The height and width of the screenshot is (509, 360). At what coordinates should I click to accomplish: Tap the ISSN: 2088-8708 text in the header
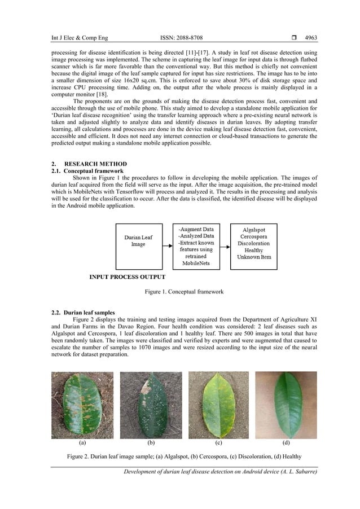click(x=181, y=38)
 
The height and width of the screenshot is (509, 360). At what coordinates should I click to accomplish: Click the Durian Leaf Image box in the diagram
click(x=138, y=247)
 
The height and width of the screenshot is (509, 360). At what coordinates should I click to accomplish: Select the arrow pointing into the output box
click(x=225, y=247)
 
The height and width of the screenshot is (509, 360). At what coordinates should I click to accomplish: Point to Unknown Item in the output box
click(x=254, y=257)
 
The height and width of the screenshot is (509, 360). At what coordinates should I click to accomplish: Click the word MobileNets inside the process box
click(x=196, y=263)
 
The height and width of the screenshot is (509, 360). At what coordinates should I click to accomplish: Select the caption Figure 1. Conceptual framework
click(x=184, y=292)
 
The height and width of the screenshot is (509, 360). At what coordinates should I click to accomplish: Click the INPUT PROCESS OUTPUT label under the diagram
click(x=128, y=277)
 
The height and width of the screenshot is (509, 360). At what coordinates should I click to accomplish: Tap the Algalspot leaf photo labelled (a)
click(x=82, y=405)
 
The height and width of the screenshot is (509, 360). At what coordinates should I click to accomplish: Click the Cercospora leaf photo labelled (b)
click(x=151, y=405)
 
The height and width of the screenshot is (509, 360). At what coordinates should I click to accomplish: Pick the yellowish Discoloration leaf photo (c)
click(x=218, y=405)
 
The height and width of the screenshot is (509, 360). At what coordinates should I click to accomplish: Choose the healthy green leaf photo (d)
click(x=286, y=405)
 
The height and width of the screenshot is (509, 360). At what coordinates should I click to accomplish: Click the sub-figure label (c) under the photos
click(x=218, y=443)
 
